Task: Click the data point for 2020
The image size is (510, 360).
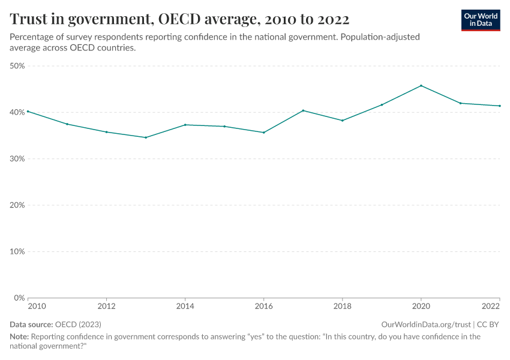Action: (421, 86)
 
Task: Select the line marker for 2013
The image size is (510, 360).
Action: (146, 137)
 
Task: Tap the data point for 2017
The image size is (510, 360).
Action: (303, 110)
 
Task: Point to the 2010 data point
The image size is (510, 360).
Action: (28, 112)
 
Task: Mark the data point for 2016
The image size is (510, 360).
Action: (264, 133)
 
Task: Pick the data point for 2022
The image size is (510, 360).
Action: (500, 106)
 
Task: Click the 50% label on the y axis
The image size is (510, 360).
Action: (17, 66)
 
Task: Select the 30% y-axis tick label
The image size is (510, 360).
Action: (17, 159)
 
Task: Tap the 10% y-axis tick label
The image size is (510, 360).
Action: (17, 251)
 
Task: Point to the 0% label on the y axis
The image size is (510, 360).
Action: (19, 298)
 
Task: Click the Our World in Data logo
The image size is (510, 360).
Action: (481, 20)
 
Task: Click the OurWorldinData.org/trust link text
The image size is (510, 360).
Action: (426, 324)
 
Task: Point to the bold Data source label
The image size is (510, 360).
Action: (31, 324)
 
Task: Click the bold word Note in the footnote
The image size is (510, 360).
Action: (19, 337)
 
